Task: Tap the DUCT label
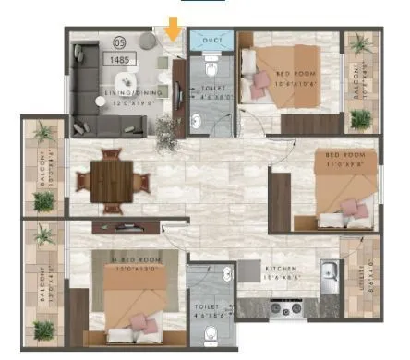coord(211,42)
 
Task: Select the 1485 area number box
coord(119,59)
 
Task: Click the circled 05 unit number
coord(117,42)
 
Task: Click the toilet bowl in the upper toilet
coord(211,69)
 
